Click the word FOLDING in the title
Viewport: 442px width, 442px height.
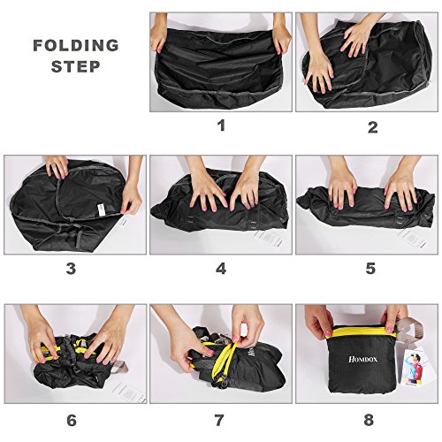76,45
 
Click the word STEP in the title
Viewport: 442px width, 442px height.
76,66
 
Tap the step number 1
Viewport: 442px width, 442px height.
221,126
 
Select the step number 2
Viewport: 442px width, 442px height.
373,127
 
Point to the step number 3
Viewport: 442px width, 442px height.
71,269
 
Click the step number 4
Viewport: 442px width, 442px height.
221,269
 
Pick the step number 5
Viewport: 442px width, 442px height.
370,268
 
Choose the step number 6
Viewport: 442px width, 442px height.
72,421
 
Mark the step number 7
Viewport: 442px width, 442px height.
219,421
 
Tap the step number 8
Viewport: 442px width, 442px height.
369,420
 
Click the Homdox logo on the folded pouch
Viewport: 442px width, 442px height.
362,359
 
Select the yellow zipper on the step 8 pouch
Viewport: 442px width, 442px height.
363,331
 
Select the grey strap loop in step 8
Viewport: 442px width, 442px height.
410,330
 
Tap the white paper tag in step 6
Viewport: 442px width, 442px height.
129,392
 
